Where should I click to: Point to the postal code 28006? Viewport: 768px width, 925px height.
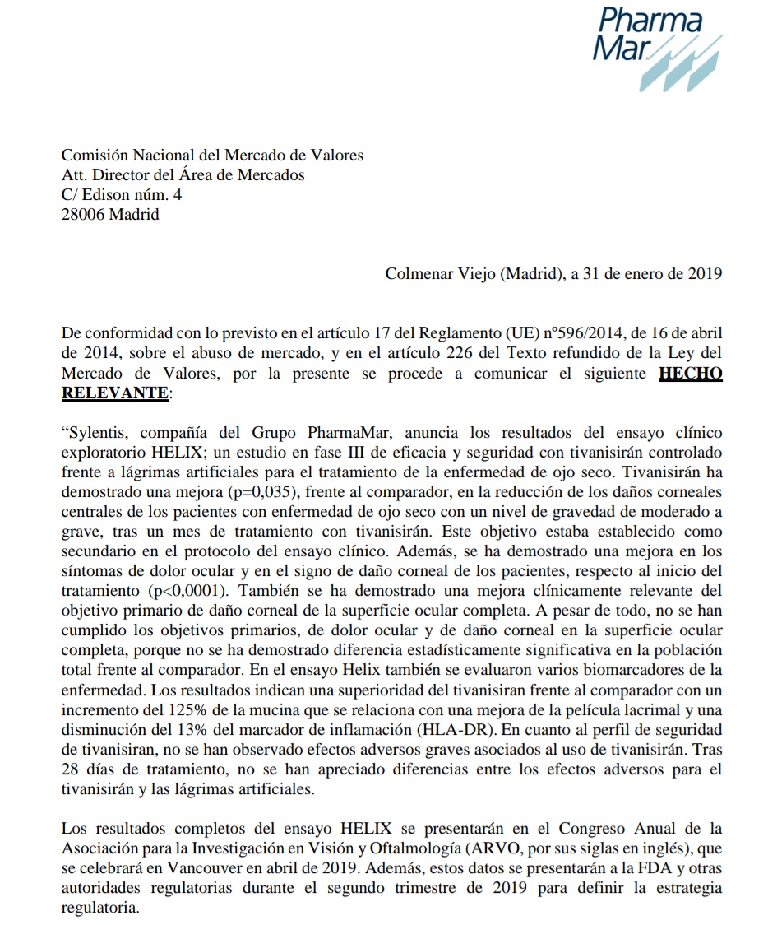click(x=83, y=215)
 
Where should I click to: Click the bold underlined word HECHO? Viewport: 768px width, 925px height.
click(x=691, y=373)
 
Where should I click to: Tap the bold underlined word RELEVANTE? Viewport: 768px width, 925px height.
click(x=114, y=393)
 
